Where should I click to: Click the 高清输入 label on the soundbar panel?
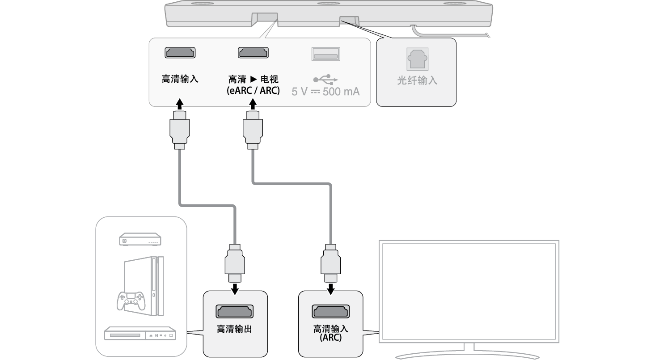click(x=180, y=80)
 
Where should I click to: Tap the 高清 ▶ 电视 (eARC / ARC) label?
click(x=254, y=85)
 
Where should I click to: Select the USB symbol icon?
click(x=325, y=80)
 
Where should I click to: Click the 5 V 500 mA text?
click(x=325, y=92)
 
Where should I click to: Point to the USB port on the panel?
click(x=325, y=54)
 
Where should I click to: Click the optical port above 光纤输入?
click(x=417, y=59)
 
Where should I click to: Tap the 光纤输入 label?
click(x=417, y=81)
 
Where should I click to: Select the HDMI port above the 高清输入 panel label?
click(x=180, y=53)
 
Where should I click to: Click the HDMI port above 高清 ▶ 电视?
click(x=254, y=53)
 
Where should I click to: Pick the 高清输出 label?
click(x=235, y=329)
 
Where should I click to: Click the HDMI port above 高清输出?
click(x=235, y=311)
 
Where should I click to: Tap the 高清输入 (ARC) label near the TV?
click(x=331, y=333)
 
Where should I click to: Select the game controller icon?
click(x=131, y=300)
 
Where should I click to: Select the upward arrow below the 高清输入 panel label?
click(x=179, y=105)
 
